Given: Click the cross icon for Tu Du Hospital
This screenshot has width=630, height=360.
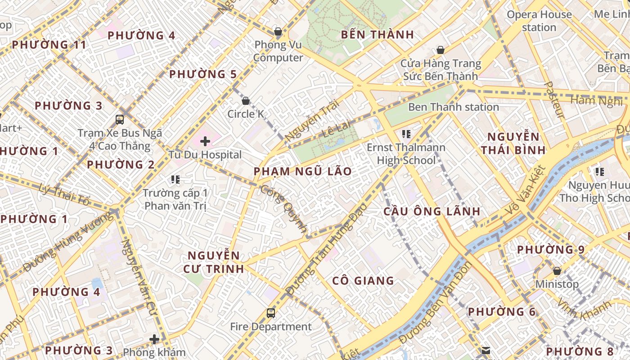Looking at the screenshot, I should tap(205, 141).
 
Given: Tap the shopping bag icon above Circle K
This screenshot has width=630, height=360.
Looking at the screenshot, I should tap(246, 101).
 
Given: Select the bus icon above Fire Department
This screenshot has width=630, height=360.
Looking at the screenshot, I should tap(270, 313).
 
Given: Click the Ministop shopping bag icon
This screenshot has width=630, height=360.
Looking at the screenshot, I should tap(557, 271).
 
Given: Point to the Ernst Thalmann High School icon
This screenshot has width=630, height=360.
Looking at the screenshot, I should tap(406, 134).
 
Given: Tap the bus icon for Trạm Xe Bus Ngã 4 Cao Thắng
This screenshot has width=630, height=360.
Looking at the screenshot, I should tap(120, 119).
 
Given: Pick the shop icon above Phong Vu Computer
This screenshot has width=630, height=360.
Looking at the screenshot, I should tap(278, 31).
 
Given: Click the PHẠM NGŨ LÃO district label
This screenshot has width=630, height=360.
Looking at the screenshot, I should tap(302, 171).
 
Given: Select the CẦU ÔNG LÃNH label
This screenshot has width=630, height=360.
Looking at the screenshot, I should tap(432, 211).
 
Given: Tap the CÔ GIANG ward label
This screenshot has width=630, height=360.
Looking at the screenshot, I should tap(363, 281).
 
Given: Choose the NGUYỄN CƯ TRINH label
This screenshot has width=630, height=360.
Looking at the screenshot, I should tap(214, 262).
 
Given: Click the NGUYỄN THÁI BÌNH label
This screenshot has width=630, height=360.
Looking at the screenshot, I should tap(513, 143).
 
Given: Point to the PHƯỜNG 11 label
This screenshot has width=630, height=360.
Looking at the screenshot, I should tap(49, 45).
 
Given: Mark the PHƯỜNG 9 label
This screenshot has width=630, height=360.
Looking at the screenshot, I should tap(550, 249).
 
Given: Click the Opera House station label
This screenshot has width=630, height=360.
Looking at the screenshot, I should tap(539, 21).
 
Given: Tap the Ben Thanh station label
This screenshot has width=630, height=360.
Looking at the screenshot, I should tap(453, 107).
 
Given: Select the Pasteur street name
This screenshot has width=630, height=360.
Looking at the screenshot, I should tap(554, 100).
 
